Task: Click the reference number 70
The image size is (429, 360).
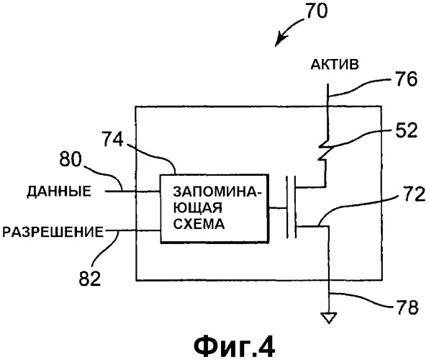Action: point(316,12)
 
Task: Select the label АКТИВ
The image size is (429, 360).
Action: point(335,65)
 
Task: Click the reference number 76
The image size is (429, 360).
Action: point(406,80)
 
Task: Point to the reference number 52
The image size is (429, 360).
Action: point(406,130)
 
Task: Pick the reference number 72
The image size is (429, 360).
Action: point(414,194)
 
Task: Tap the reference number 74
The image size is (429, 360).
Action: point(113,140)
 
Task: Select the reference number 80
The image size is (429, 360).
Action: point(71,159)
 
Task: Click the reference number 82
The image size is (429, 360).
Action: point(90,278)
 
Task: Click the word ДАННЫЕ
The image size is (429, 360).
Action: point(59,191)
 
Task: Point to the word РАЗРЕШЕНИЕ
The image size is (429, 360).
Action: point(53,232)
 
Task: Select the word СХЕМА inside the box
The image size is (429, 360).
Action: point(199,224)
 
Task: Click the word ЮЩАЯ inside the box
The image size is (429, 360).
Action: point(197,208)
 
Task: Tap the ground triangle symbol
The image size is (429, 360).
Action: point(329,318)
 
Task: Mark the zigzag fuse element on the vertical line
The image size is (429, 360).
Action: point(323,150)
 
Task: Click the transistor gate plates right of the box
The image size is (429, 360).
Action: point(291,207)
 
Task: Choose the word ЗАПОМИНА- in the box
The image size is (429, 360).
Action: point(215,192)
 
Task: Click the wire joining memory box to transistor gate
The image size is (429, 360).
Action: point(277,208)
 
